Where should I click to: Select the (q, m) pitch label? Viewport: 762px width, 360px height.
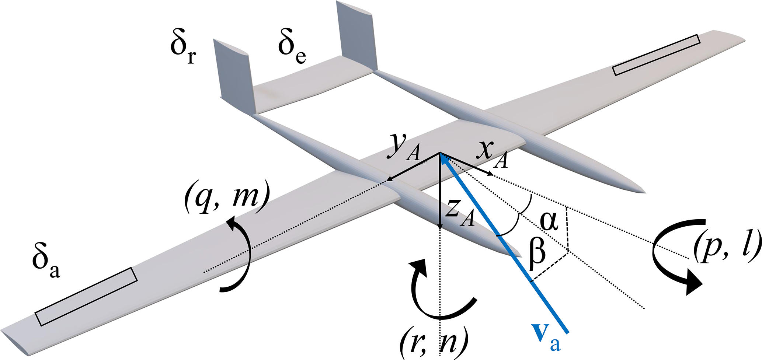226,198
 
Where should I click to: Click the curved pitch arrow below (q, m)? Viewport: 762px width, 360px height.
243,254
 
